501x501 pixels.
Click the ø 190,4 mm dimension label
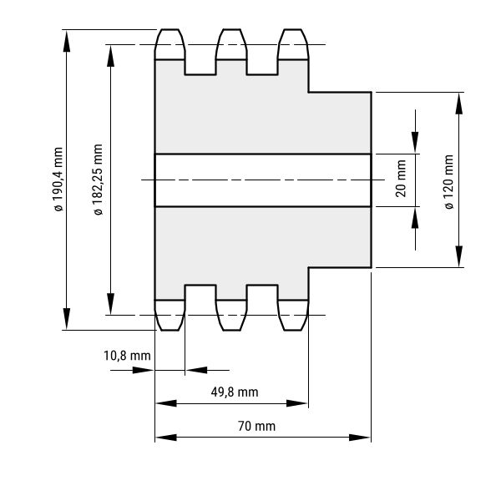click(58, 180)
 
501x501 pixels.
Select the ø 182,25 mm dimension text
click(98, 180)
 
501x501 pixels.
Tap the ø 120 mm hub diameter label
click(449, 182)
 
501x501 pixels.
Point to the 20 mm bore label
click(401, 179)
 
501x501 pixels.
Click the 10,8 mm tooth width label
click(127, 356)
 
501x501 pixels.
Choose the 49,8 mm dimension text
click(235, 392)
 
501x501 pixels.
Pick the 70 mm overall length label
click(256, 426)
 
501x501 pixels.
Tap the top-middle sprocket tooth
click(231, 44)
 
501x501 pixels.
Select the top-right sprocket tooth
click(293, 44)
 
